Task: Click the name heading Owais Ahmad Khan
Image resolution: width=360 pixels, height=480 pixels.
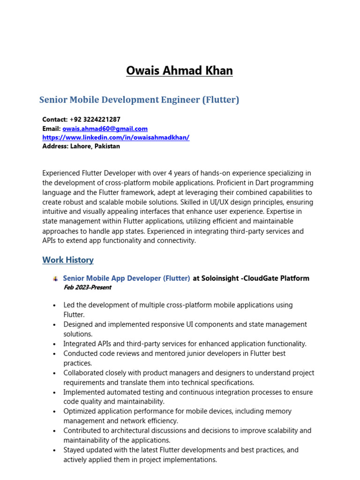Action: [x=180, y=71]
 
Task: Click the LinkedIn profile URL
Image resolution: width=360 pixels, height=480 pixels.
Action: [x=116, y=137]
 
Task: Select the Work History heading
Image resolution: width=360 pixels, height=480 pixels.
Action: [x=68, y=260]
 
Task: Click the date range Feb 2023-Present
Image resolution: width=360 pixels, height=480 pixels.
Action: [x=87, y=287]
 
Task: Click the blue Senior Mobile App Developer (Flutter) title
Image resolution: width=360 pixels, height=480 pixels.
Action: [x=127, y=278]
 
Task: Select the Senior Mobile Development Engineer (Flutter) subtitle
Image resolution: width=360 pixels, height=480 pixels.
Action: [x=139, y=100]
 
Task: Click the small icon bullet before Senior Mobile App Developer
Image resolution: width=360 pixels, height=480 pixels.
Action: [x=56, y=279]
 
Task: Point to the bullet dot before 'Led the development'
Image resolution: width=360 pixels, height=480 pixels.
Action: [x=55, y=306]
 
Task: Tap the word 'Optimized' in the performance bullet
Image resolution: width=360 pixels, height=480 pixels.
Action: [x=79, y=411]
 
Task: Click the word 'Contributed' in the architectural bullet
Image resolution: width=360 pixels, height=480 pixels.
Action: [x=82, y=430]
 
